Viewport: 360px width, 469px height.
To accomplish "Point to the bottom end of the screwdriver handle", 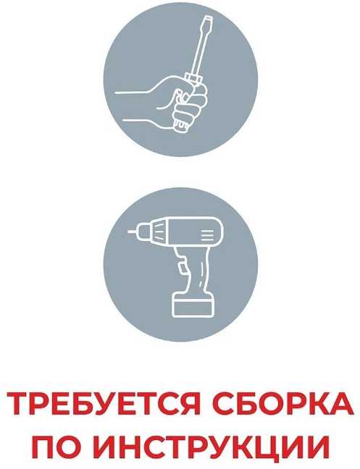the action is coord(182,129).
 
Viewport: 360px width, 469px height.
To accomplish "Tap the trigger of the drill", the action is coord(181,267).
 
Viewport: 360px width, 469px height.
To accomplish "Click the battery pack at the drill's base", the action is coord(193,305).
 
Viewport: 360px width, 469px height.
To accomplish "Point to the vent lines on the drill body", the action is coord(207,235).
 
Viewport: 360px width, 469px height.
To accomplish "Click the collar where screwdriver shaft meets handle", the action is coord(194,78).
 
